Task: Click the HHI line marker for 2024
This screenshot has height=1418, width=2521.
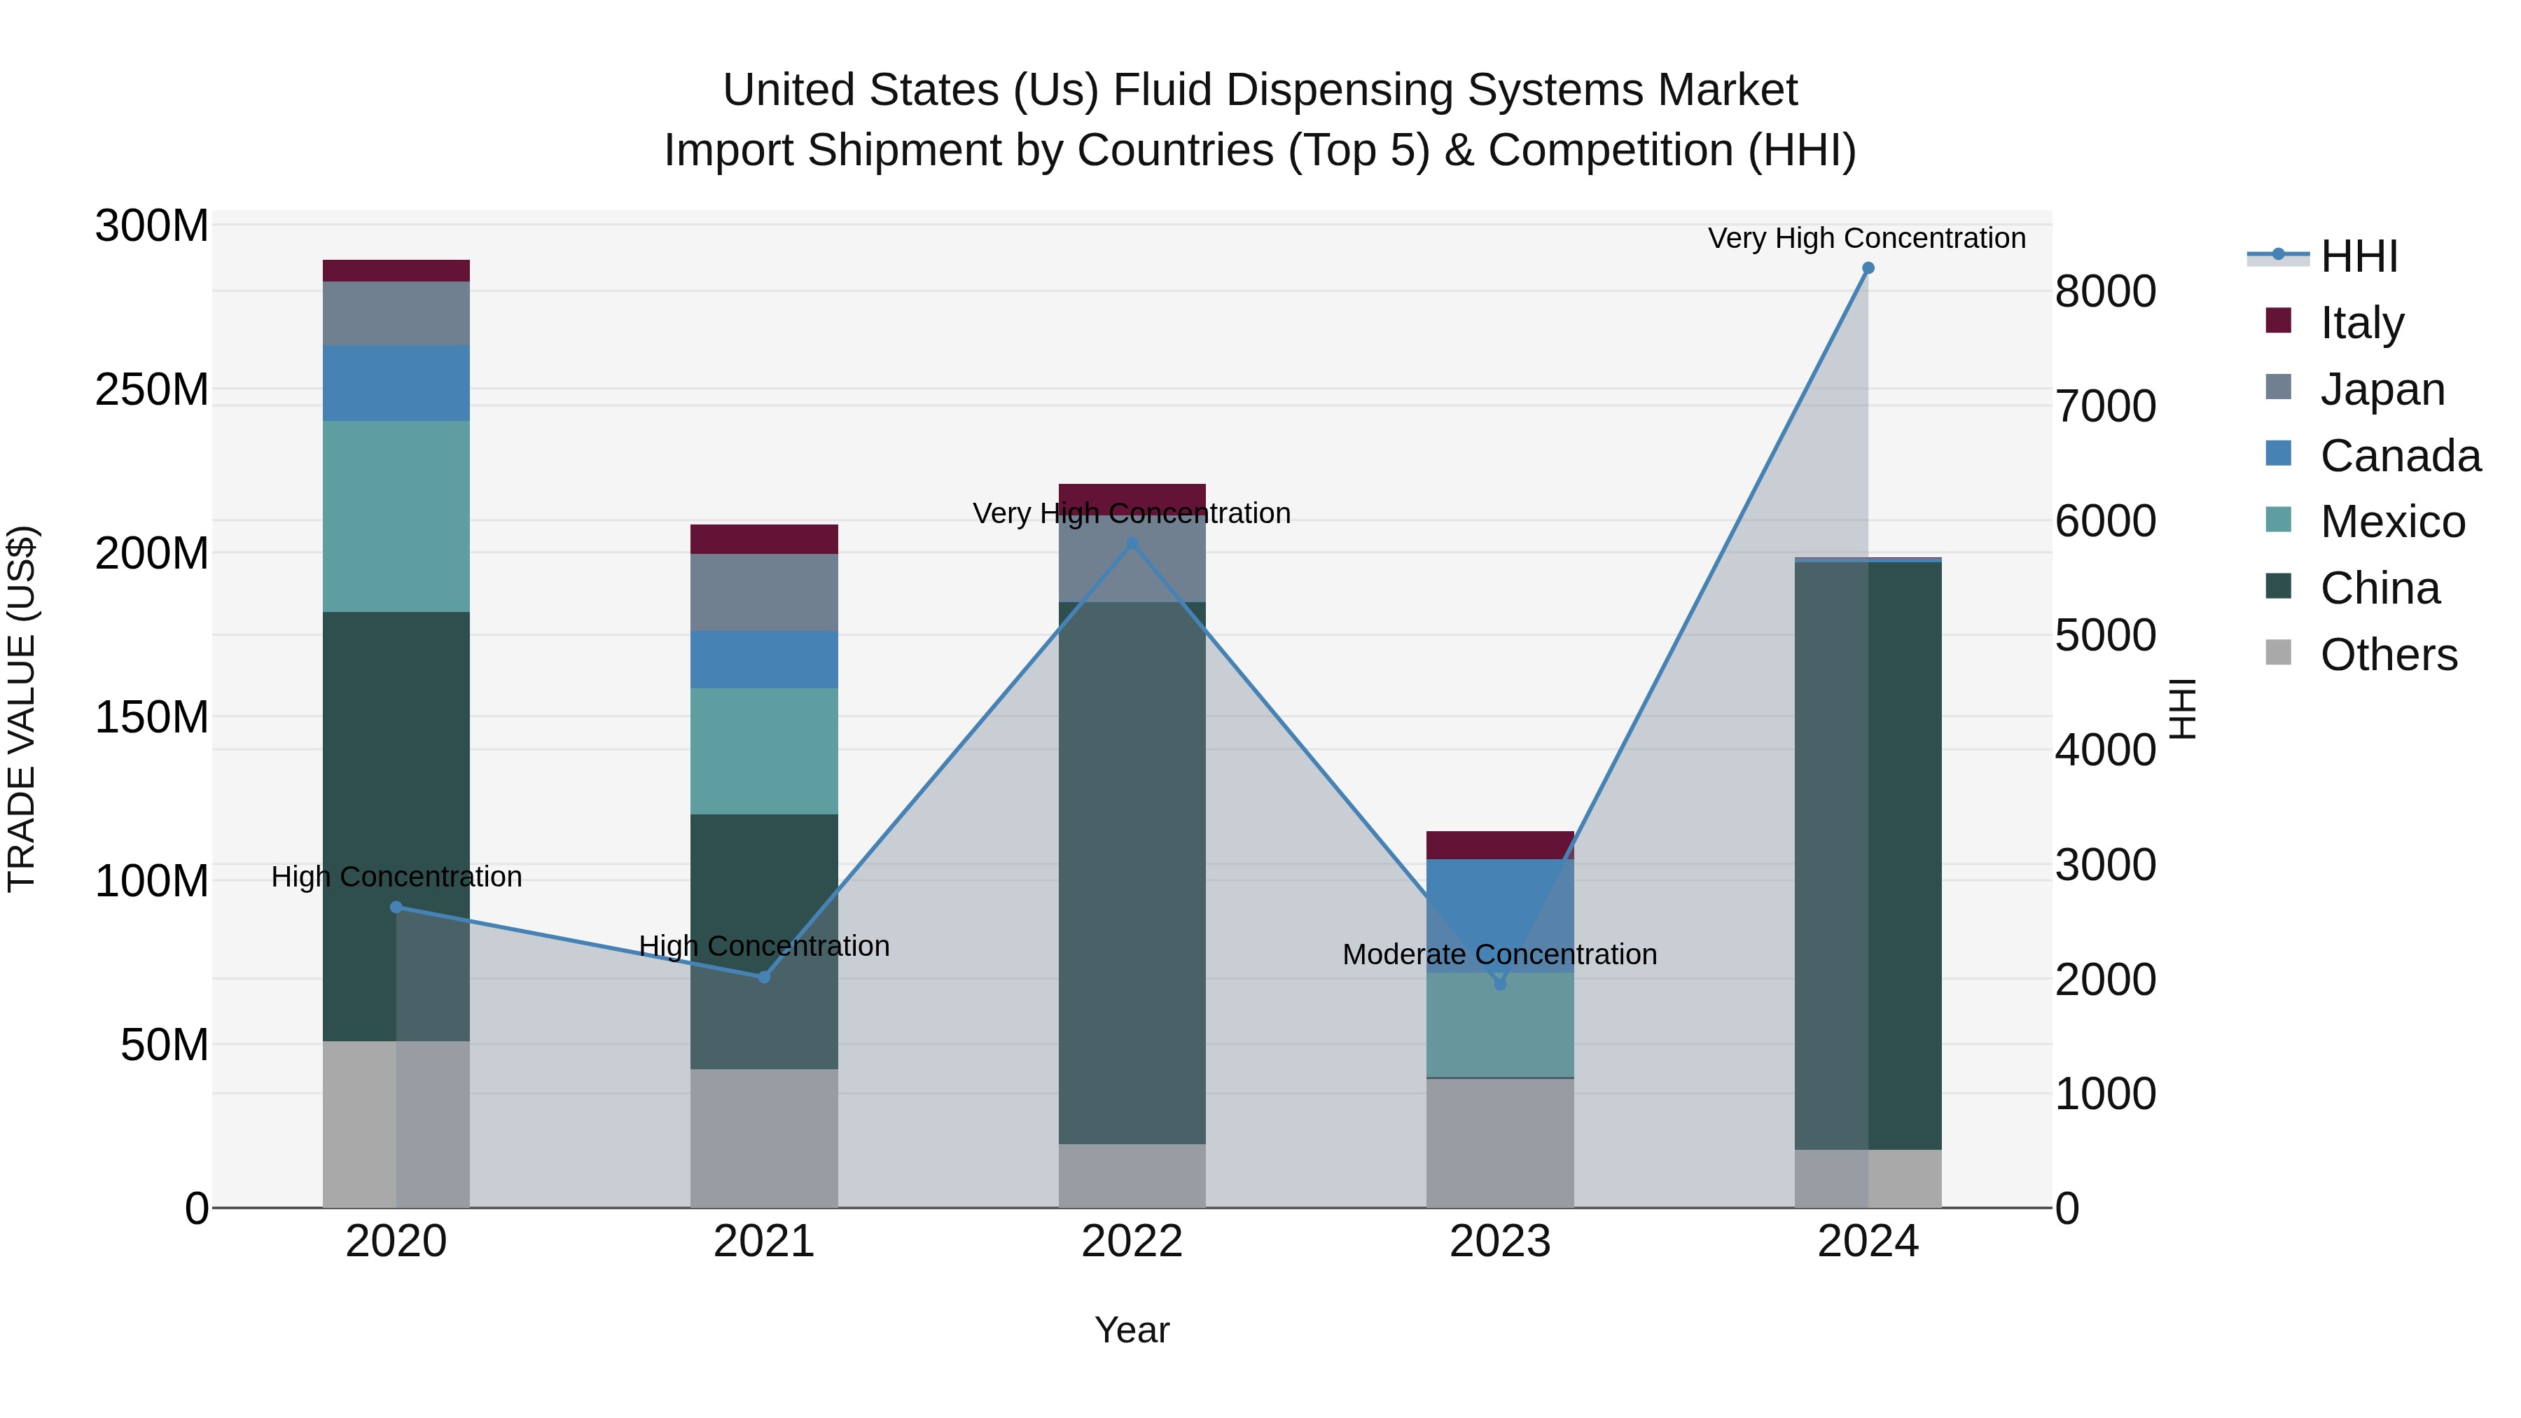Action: pos(1867,268)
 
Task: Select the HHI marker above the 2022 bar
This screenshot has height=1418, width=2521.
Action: pos(1132,543)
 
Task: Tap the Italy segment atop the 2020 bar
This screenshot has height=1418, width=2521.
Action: pos(396,270)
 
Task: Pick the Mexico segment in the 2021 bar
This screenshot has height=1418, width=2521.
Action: pos(764,751)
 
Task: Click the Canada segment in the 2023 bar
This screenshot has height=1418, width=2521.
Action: pos(1499,915)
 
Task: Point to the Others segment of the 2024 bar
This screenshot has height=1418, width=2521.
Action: pos(1867,1179)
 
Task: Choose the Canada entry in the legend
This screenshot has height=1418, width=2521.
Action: pos(2400,456)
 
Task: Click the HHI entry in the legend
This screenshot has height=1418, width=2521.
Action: pos(2359,256)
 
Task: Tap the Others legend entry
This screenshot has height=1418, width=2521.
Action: pos(2388,655)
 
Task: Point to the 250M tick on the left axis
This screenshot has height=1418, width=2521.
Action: pos(152,389)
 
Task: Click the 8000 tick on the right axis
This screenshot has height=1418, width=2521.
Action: pos(2105,291)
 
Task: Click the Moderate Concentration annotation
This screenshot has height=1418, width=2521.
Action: pos(1499,954)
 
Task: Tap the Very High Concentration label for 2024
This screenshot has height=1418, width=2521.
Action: pos(1866,238)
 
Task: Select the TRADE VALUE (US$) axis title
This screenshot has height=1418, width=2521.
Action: pos(22,709)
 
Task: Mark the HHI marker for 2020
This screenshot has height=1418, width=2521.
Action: pos(396,907)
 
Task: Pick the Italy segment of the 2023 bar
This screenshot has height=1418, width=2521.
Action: pos(1499,844)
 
